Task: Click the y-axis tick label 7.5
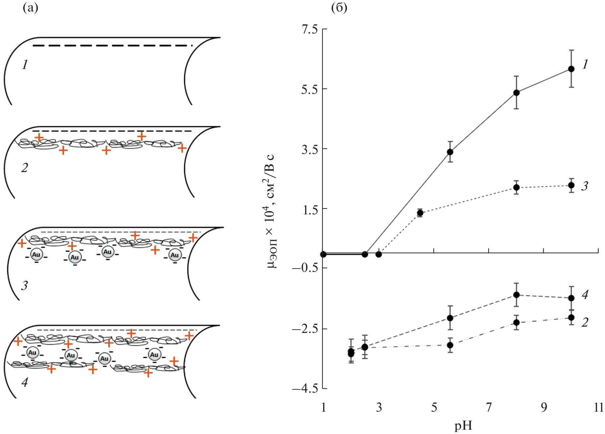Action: tap(309, 30)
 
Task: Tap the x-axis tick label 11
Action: tap(598, 407)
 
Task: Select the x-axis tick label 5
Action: tap(434, 407)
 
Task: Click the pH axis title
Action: tap(463, 426)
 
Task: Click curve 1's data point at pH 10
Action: tap(571, 69)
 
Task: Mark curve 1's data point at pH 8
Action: tap(516, 93)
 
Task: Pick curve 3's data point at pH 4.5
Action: tap(420, 213)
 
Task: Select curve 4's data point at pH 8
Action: tap(516, 295)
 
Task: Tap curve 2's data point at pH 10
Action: tap(571, 317)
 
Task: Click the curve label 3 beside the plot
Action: tap(585, 186)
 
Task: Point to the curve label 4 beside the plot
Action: tap(585, 295)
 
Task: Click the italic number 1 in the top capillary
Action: tap(25, 65)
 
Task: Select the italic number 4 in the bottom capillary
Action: tap(25, 382)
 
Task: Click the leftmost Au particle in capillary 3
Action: tap(36, 255)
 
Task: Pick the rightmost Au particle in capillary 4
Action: tap(154, 355)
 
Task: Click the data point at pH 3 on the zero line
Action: tap(379, 254)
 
